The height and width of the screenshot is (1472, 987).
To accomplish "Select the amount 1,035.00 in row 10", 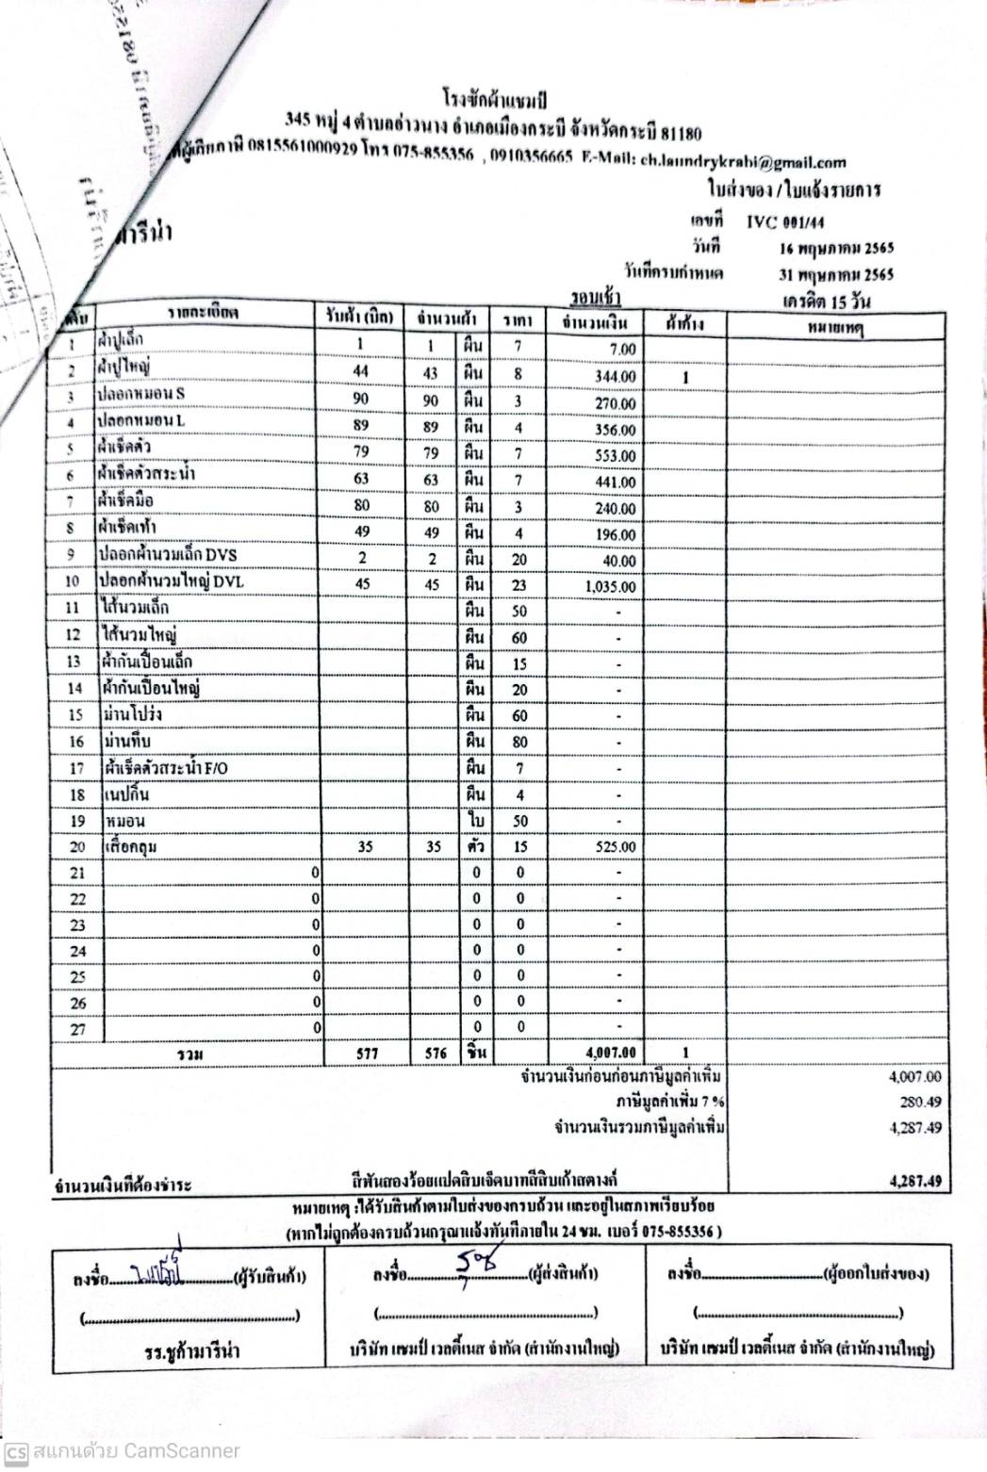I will [610, 587].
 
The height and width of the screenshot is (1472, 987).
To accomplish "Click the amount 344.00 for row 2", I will [616, 377].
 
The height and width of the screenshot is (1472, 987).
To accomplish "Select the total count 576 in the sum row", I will [434, 1053].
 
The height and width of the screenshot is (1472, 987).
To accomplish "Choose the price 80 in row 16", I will [519, 742].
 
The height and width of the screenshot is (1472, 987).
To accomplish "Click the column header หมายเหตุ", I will [836, 326].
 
